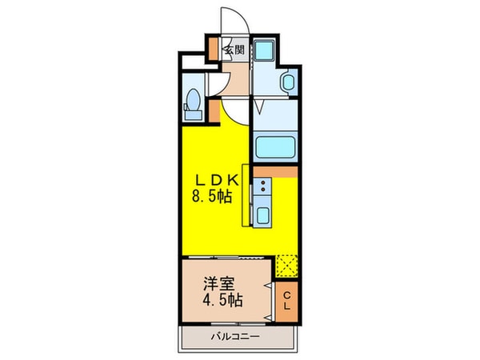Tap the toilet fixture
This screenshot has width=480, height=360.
pyautogui.click(x=192, y=102)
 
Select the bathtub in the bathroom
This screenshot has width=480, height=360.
pyautogui.click(x=275, y=147)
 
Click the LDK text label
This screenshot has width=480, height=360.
pyautogui.click(x=216, y=178)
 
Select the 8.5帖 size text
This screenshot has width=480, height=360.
pyautogui.click(x=215, y=196)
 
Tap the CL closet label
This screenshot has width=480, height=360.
pyautogui.click(x=288, y=302)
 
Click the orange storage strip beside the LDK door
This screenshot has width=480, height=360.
pyautogui.click(x=214, y=111)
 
